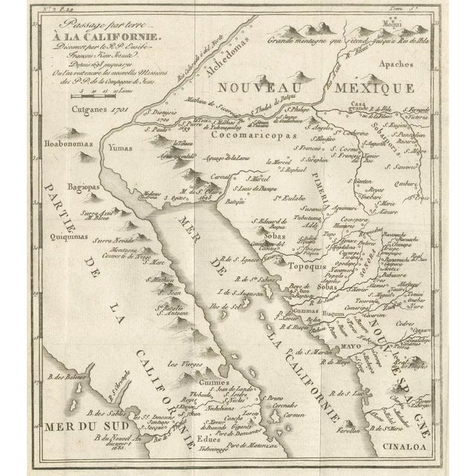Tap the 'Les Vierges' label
point(183,364)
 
